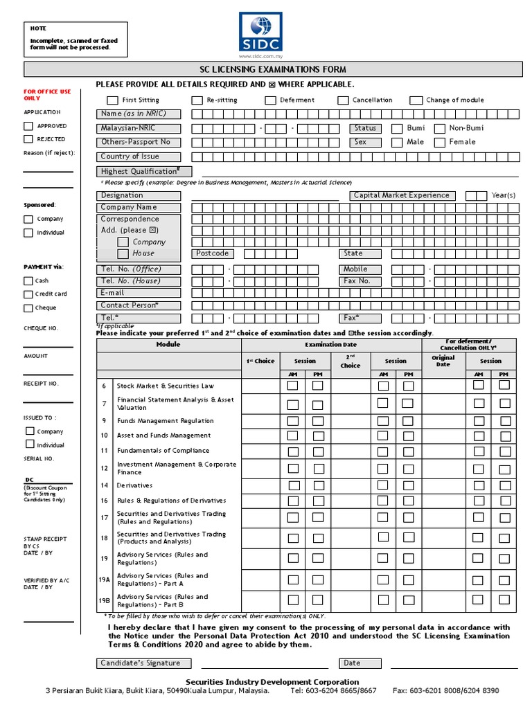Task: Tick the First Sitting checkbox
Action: pyautogui.click(x=112, y=100)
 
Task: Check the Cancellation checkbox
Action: pyautogui.click(x=343, y=100)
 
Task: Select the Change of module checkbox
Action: pyautogui.click(x=416, y=100)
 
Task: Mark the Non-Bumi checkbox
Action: pyautogui.click(x=439, y=128)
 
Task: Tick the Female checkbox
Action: pyautogui.click(x=439, y=143)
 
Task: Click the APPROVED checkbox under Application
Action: pyautogui.click(x=28, y=126)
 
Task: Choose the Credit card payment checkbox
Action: pyautogui.click(x=28, y=294)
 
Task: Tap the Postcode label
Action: pyautogui.click(x=212, y=253)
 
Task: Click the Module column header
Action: pyautogui.click(x=168, y=344)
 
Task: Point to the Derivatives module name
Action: pyautogui.click(x=134, y=485)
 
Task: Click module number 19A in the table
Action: pyautogui.click(x=105, y=580)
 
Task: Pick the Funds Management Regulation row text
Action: pyautogui.click(x=165, y=421)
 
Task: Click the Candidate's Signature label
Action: pyautogui.click(x=141, y=663)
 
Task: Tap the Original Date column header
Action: pyautogui.click(x=443, y=361)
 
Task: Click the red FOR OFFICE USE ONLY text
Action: pyautogui.click(x=47, y=95)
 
